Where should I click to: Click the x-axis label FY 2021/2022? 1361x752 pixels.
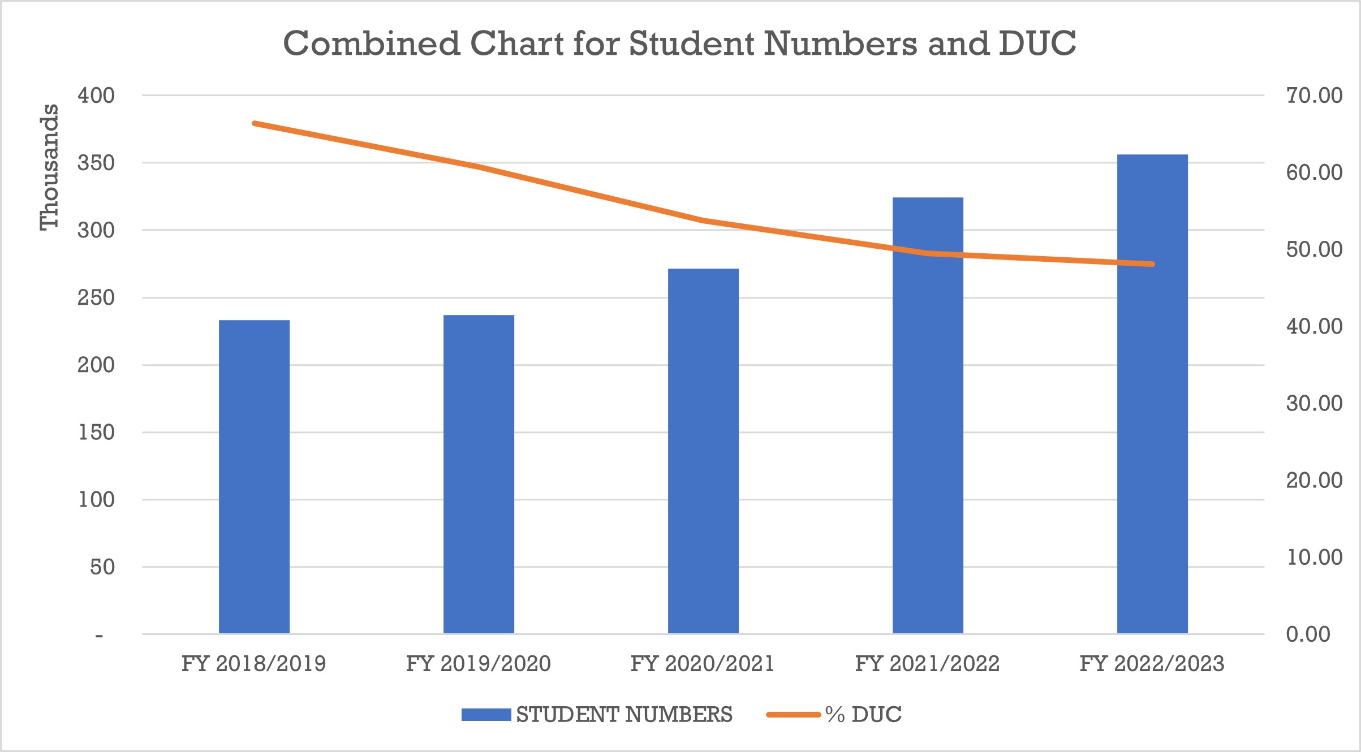click(927, 663)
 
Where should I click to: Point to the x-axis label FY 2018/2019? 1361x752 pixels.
click(253, 663)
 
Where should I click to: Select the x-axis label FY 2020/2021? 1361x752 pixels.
click(703, 663)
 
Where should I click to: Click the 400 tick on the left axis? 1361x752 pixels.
click(96, 95)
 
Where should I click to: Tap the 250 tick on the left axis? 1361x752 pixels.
click(96, 297)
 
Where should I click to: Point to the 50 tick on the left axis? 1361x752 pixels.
click(102, 567)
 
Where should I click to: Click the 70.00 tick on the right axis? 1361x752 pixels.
click(1314, 95)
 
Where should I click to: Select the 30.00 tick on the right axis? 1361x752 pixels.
click(1314, 403)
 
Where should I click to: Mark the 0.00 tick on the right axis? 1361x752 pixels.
click(1308, 634)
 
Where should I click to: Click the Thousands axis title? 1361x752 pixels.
click(49, 167)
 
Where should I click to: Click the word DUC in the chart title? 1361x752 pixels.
click(1037, 44)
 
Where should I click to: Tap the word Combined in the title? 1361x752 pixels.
click(372, 44)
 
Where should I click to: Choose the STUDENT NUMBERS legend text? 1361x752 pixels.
click(624, 715)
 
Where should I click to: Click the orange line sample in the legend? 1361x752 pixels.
click(793, 715)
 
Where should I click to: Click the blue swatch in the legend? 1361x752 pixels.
click(486, 715)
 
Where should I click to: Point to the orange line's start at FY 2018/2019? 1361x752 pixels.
click(255, 123)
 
